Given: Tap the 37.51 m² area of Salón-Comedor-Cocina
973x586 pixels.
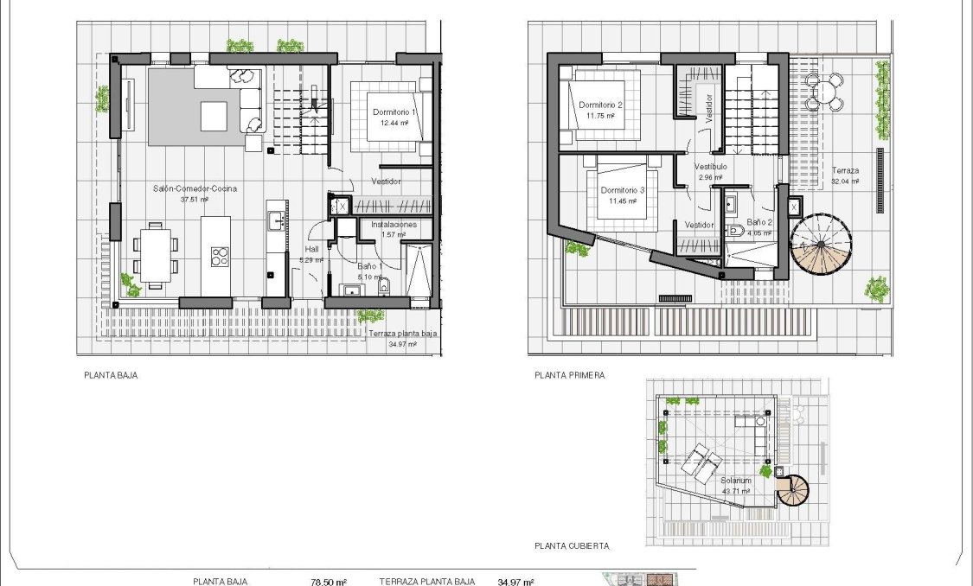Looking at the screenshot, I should click(196, 199).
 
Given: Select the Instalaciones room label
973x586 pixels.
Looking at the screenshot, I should click(394, 224).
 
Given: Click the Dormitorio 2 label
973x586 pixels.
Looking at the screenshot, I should click(599, 104).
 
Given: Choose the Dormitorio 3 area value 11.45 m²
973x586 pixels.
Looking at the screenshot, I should click(622, 201).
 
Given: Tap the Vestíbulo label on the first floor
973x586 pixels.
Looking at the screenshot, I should click(709, 166).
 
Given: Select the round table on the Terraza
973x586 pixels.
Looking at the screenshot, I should click(824, 91).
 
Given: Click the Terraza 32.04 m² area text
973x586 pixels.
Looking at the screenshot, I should click(844, 182).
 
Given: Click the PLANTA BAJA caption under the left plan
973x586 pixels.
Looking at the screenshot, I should click(111, 376).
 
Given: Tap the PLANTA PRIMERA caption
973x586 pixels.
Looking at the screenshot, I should click(569, 376).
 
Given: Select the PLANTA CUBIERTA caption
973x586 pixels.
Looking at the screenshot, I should click(572, 546).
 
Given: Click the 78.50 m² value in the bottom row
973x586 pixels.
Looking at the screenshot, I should click(328, 582).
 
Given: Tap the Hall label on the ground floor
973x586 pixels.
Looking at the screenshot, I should click(311, 249).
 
